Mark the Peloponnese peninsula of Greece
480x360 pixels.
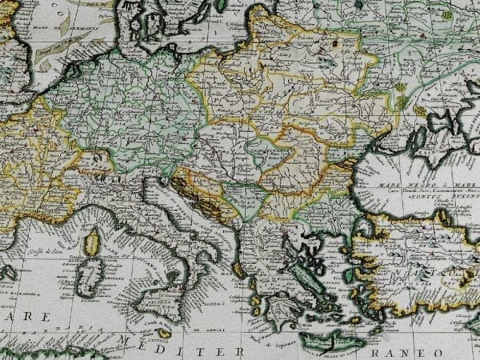275,307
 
